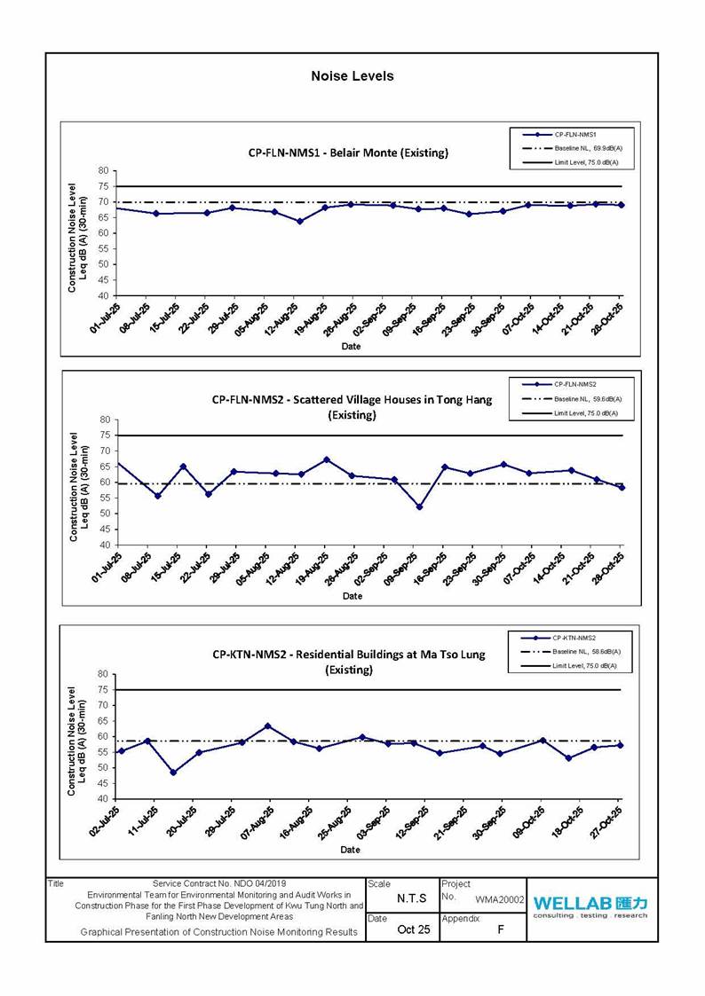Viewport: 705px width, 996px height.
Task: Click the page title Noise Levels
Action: click(x=352, y=76)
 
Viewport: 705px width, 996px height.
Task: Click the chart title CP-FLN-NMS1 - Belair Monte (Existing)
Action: click(x=348, y=153)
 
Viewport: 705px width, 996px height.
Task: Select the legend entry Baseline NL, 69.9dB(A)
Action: click(x=587, y=147)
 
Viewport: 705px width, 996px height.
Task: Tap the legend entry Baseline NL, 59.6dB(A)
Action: click(x=587, y=398)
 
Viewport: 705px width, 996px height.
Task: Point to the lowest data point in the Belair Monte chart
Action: click(x=300, y=221)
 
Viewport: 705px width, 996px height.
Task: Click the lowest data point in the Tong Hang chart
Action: click(x=419, y=506)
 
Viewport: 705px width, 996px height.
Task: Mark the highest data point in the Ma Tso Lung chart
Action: click(x=267, y=725)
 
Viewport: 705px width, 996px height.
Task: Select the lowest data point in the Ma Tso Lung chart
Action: click(x=173, y=772)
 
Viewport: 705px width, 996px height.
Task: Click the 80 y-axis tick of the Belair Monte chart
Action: click(x=103, y=171)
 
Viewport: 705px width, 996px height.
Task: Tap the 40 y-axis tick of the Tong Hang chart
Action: click(x=103, y=545)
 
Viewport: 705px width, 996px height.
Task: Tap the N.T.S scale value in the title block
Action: click(x=412, y=898)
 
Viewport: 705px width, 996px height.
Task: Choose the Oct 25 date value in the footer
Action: click(x=413, y=929)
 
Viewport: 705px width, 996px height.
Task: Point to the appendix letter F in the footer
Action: click(x=501, y=929)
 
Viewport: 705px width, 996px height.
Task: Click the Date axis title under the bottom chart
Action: click(x=351, y=850)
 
